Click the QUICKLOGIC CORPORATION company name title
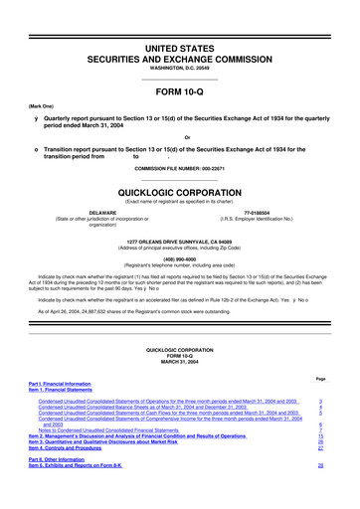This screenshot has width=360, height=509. click(179, 189)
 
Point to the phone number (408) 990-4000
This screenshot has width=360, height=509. click(179, 252)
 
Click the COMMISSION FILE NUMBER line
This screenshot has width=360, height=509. click(179, 166)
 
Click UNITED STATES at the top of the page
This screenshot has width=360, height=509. click(179, 21)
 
